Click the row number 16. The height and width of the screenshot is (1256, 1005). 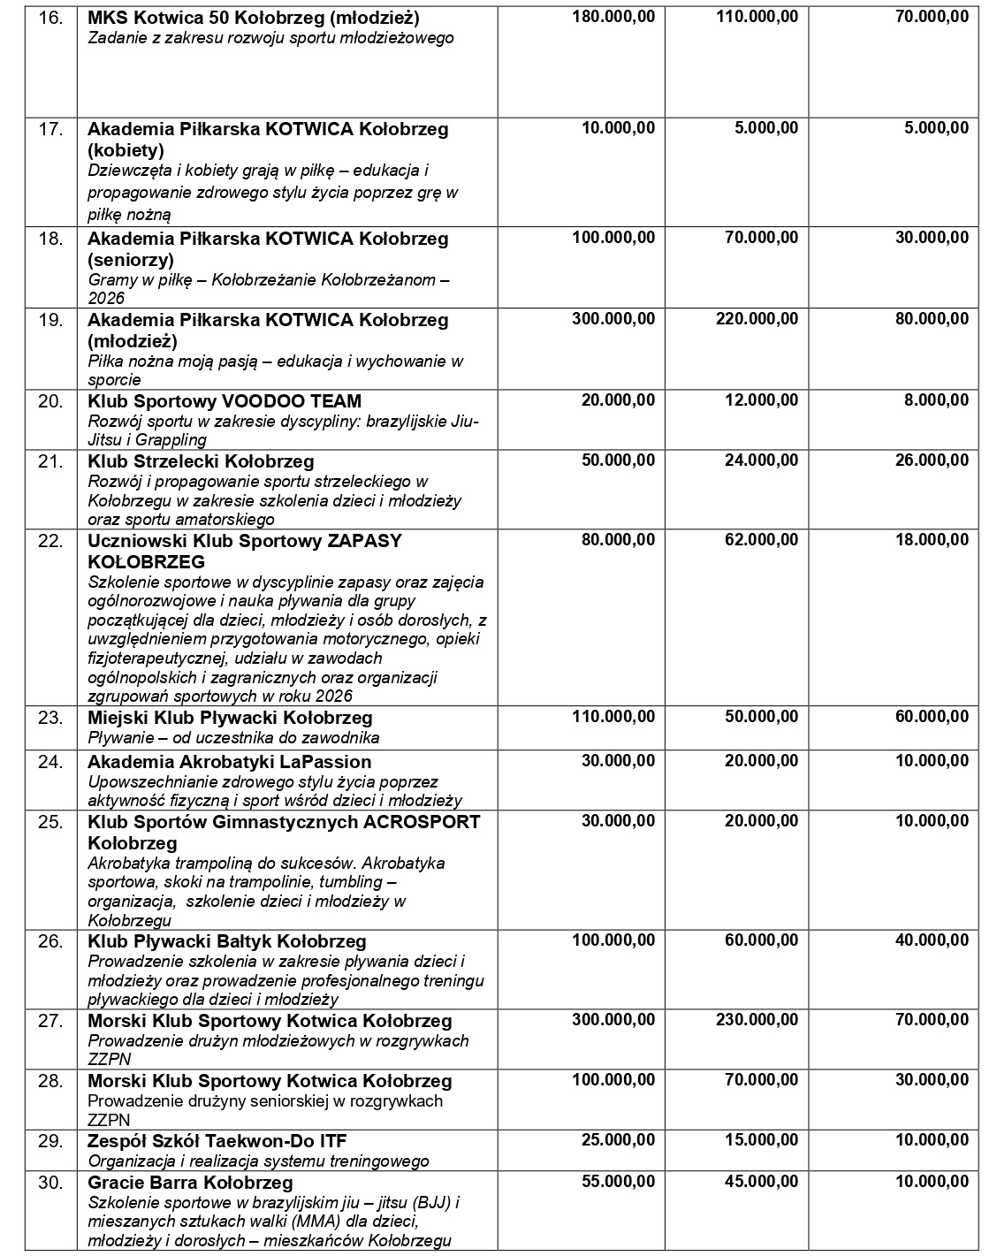point(50,18)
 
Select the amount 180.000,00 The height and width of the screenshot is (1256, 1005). point(613,18)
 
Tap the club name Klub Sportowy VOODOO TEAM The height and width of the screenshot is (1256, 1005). point(225,401)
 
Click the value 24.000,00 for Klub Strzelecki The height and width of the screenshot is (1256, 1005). point(761,461)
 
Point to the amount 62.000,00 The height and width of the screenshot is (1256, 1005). point(761,540)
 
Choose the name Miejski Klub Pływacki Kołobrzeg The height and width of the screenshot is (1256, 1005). point(230,718)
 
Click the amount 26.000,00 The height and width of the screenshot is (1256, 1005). point(932,461)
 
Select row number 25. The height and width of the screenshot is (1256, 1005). point(50,822)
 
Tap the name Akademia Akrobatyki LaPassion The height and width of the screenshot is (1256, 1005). point(230,762)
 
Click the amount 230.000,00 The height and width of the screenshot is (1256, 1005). point(757,1021)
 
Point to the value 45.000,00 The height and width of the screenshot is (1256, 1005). point(761,1183)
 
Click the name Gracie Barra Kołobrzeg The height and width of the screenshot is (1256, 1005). point(190,1183)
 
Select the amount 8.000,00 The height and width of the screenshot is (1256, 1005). point(936,400)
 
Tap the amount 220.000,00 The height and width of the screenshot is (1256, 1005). point(757,319)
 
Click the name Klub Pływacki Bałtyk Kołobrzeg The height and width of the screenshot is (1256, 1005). point(227,941)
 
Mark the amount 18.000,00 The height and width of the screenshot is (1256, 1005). point(932,540)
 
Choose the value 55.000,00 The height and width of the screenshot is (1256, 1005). point(618,1183)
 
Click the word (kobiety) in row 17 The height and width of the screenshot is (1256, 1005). point(126,149)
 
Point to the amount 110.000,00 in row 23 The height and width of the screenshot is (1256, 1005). point(613,717)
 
